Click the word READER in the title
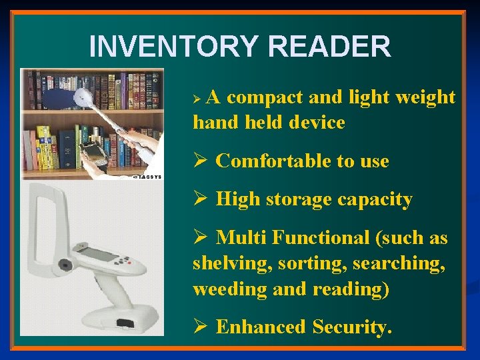pyautogui.click(x=329, y=47)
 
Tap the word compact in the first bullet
pyautogui.click(x=265, y=97)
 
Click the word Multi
pyautogui.click(x=241, y=237)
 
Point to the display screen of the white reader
pyautogui.click(x=98, y=254)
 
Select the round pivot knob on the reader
pyautogui.click(x=65, y=265)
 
